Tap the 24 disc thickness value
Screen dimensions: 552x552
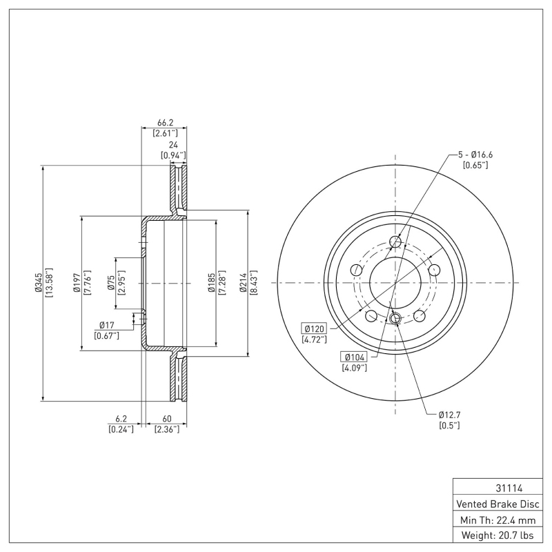point(173,145)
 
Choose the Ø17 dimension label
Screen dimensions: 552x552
point(106,324)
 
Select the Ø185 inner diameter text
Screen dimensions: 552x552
point(213,283)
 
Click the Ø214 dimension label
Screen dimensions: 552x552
point(244,283)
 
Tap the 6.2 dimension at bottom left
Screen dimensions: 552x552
point(121,418)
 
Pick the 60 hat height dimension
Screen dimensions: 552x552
point(166,418)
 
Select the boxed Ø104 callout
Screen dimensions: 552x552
point(354,356)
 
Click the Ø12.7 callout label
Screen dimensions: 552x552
point(449,414)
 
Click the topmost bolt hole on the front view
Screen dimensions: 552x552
point(396,241)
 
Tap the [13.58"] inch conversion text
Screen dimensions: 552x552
point(48,283)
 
